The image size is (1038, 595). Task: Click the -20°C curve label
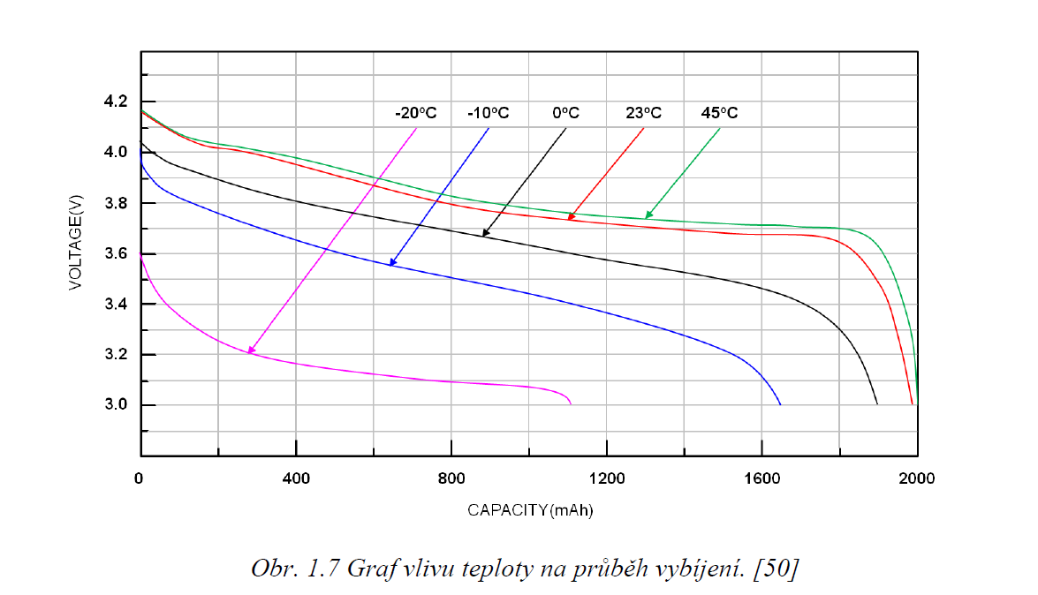pos(416,113)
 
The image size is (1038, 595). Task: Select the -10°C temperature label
pos(489,113)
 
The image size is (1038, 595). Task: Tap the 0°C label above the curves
pos(565,113)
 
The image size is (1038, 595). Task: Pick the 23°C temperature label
pos(643,113)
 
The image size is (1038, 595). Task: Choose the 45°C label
pos(719,113)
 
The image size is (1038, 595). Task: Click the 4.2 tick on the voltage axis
pos(116,102)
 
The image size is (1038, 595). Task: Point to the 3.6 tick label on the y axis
pos(116,253)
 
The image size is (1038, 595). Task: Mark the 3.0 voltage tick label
pos(116,405)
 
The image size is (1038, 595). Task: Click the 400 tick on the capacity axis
pos(296,478)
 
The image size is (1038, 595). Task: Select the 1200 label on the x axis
pos(607,478)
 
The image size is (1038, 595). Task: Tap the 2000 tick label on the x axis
pos(917,478)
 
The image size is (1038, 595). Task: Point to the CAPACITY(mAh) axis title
pos(530,510)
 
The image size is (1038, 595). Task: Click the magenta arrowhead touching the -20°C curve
pos(251,351)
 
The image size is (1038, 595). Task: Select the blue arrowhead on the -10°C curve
pos(391,263)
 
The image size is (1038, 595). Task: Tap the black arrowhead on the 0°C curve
pos(484,234)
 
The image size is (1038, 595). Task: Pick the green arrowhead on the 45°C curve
pos(648,215)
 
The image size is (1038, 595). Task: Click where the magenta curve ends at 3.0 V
pos(571,403)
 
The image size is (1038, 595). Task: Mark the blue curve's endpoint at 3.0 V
pos(781,404)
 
